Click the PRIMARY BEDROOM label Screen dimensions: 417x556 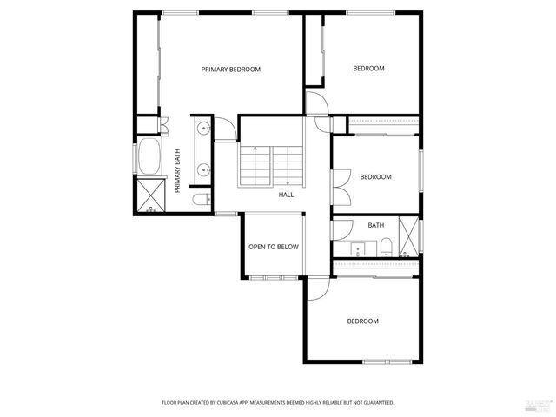pos(231,69)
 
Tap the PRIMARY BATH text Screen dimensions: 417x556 pos(177,171)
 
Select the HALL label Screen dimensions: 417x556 pos(286,195)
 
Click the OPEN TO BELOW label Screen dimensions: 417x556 pos(274,247)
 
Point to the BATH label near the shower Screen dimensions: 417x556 pos(375,226)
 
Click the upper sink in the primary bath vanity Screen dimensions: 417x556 pos(202,129)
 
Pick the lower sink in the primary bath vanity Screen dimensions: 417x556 pos(202,169)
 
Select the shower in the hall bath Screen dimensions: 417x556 pos(407,236)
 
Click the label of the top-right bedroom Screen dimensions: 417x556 pos(368,69)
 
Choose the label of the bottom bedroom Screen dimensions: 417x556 pos(363,321)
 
